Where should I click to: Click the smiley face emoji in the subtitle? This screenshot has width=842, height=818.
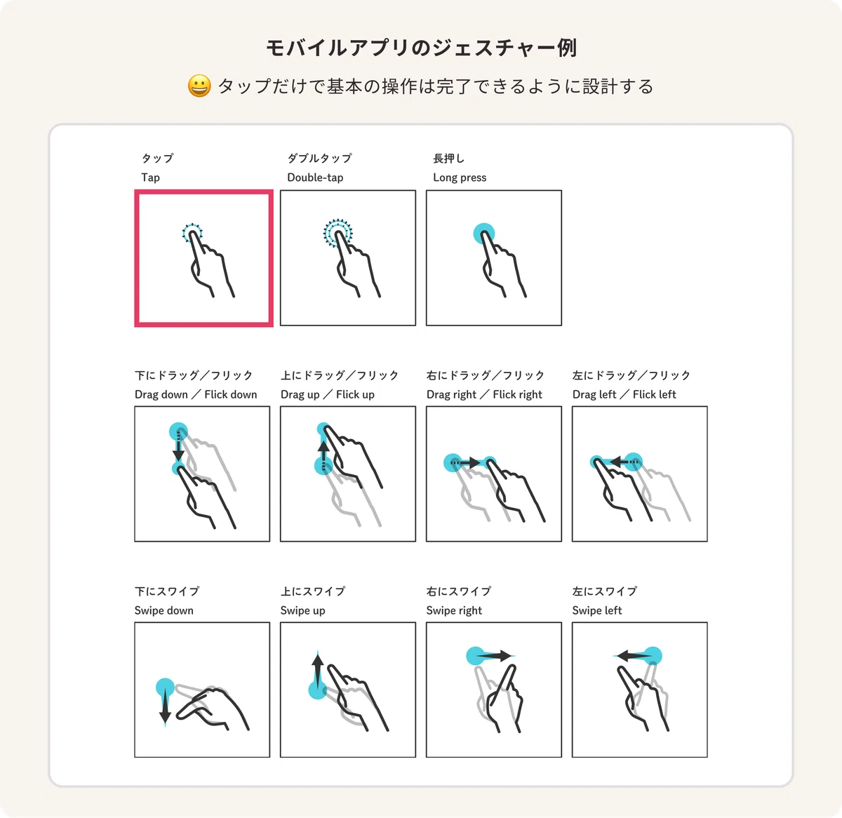pos(199,86)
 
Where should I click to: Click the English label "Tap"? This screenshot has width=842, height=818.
pos(151,177)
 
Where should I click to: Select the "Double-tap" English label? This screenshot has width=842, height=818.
pos(315,177)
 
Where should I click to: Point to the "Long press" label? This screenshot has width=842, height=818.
pos(460,177)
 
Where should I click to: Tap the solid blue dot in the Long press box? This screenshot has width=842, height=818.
pos(483,233)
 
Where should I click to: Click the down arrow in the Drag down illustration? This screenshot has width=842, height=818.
pos(178,448)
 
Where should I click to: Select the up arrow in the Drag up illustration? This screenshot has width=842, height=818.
pos(323,454)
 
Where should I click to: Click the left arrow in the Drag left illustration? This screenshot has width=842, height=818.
pos(624,462)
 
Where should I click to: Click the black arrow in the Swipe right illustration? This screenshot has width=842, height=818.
pos(494,656)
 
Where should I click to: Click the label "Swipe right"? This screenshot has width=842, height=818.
pos(454,610)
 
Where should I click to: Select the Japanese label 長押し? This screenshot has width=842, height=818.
pos(448,159)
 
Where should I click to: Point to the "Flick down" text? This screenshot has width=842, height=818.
pos(231,394)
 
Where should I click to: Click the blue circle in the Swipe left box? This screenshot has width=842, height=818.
pos(653,656)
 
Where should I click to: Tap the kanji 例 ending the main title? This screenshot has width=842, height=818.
pos(567,48)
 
